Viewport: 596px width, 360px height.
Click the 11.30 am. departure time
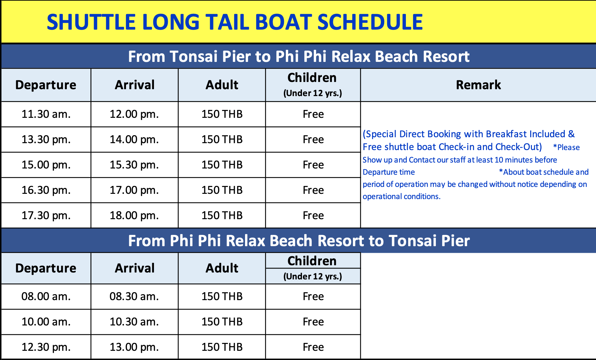click(46, 114)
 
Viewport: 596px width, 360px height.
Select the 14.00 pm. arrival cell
click(134, 140)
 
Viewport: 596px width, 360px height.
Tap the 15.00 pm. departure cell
click(46, 165)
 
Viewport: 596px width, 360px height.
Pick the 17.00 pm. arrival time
click(134, 190)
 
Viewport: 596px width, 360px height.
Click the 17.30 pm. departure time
click(46, 216)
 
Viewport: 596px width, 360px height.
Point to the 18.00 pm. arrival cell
click(134, 216)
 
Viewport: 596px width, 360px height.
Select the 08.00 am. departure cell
click(46, 296)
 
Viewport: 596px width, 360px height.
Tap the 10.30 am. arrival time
click(134, 322)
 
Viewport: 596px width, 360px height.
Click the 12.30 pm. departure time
click(46, 347)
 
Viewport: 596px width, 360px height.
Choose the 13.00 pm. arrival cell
click(134, 347)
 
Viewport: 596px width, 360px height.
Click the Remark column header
click(478, 85)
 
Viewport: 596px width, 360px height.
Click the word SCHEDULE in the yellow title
click(370, 22)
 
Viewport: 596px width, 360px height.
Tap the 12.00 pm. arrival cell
click(134, 114)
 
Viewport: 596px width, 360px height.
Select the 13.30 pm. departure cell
click(46, 140)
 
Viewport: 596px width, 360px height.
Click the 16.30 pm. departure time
click(46, 190)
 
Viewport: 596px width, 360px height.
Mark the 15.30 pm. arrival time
click(134, 165)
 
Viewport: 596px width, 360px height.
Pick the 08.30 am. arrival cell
click(134, 296)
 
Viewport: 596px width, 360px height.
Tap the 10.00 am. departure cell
click(46, 322)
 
